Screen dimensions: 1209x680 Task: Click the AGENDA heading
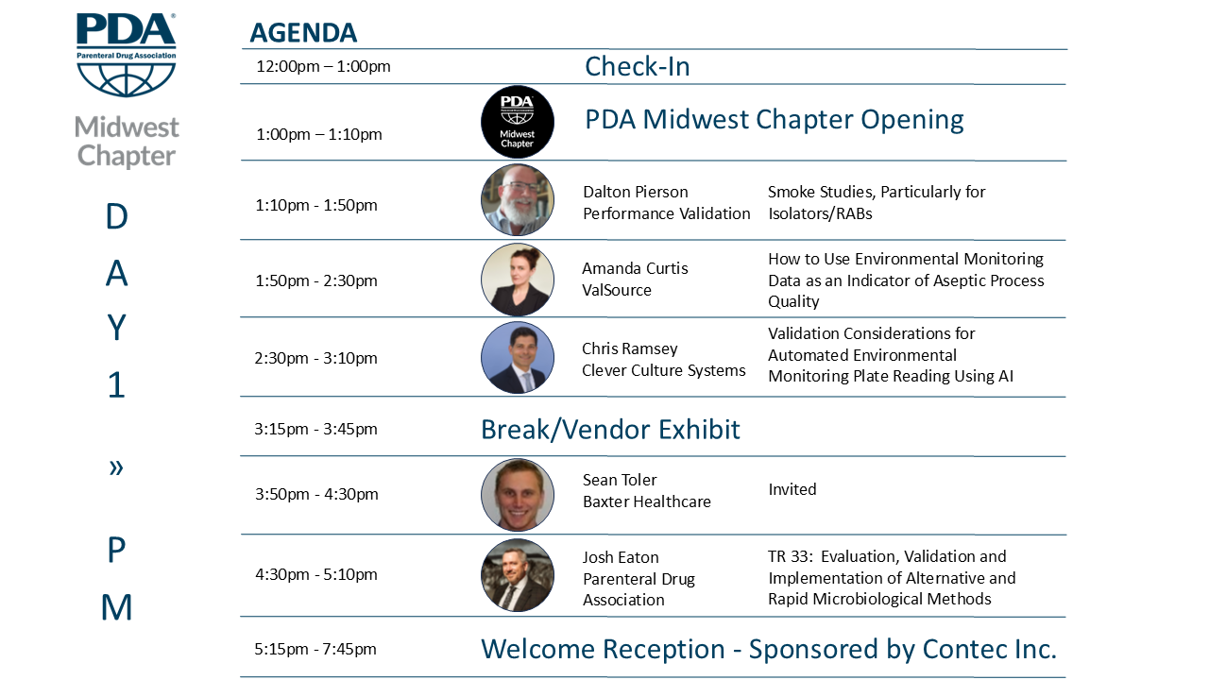(x=303, y=33)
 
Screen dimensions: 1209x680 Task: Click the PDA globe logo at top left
(x=127, y=55)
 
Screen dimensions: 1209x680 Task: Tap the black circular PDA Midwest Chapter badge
(x=517, y=122)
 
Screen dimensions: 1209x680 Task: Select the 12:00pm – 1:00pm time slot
(x=323, y=66)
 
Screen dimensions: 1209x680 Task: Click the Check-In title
(x=638, y=66)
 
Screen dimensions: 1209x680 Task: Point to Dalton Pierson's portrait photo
(x=517, y=200)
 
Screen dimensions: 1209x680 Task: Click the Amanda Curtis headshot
(x=517, y=280)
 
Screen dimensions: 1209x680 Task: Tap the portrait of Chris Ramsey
(x=517, y=357)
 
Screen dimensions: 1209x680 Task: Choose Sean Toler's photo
(x=517, y=495)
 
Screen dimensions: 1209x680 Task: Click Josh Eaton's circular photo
(x=517, y=575)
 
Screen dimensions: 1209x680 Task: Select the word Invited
(x=792, y=489)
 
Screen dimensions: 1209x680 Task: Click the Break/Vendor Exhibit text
(x=610, y=430)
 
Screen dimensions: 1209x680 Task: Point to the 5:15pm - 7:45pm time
(x=315, y=649)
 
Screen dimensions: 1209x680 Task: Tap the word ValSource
(x=617, y=290)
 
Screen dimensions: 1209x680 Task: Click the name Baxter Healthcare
(x=647, y=501)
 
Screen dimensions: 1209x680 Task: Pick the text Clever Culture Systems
(x=663, y=370)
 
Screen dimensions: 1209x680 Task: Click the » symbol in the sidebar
(x=116, y=467)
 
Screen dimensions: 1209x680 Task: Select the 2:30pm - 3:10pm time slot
(x=315, y=358)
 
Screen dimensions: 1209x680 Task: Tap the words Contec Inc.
(x=989, y=649)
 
